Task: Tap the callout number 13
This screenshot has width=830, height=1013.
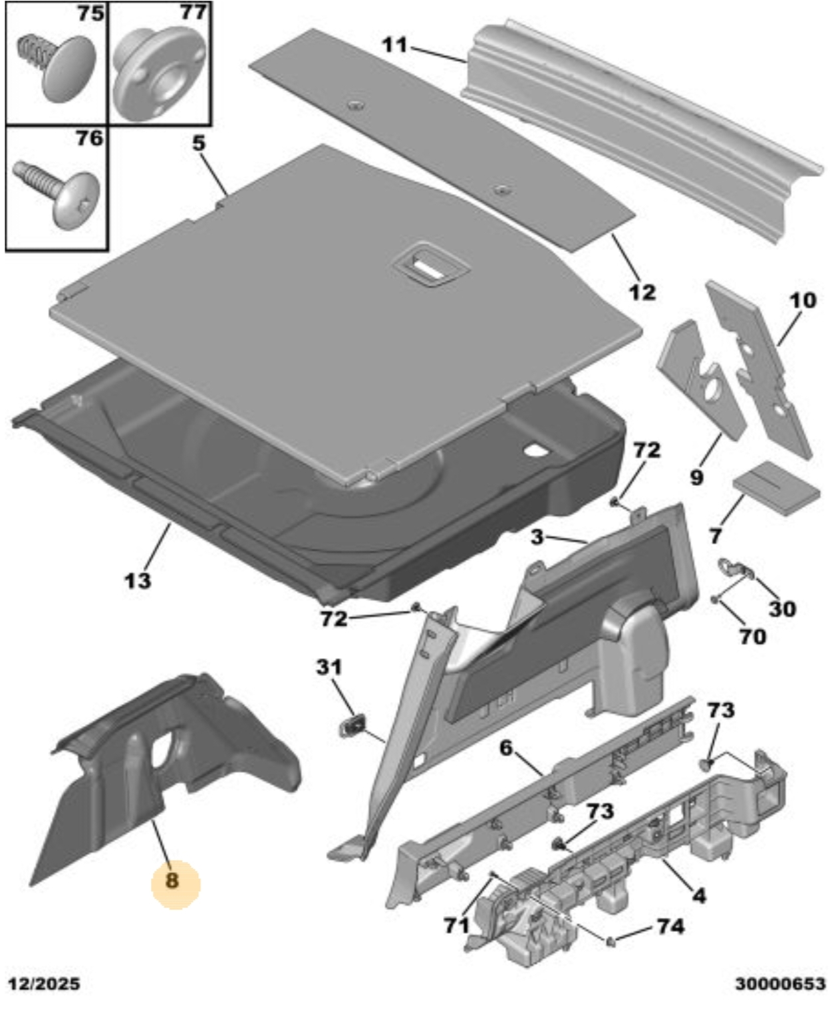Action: (138, 580)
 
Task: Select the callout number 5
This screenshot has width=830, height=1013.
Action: (200, 144)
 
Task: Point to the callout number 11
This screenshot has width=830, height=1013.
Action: (394, 45)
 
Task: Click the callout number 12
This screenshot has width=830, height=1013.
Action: (642, 292)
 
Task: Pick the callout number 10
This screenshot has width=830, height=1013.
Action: (802, 300)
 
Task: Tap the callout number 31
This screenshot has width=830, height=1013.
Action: (329, 667)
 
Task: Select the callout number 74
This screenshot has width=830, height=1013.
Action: (670, 926)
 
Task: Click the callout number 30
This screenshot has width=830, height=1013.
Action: (781, 609)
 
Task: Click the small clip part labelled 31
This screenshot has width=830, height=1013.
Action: (352, 727)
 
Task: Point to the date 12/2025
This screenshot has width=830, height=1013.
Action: (45, 984)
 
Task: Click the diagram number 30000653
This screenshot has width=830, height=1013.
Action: (779, 984)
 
